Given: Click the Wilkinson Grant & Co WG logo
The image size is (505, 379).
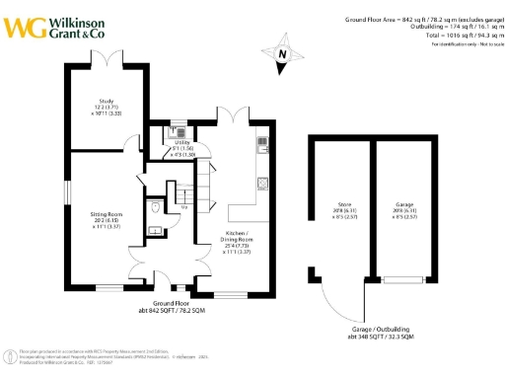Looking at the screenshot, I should click(22, 27).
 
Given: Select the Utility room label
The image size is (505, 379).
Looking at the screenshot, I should click(183, 148).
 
